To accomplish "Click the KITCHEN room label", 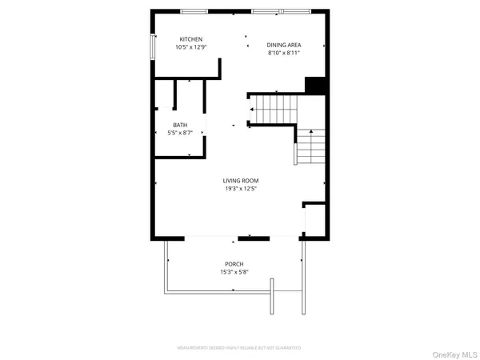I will coord(190,39).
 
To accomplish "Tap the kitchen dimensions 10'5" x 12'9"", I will coord(190,47).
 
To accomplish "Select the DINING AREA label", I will coord(283,45).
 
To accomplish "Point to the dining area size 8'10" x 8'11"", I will coord(283,53).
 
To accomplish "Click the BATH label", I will coord(180,125).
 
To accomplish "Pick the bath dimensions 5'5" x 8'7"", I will coord(180,132).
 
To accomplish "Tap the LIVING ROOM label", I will coord(241,181).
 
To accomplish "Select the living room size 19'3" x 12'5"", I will coord(241,189).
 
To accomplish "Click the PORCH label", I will coord(234,264).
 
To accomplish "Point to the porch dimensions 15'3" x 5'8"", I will coord(234,272).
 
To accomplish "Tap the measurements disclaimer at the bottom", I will coord(239,349).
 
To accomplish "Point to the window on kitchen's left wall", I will coord(152,46).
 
